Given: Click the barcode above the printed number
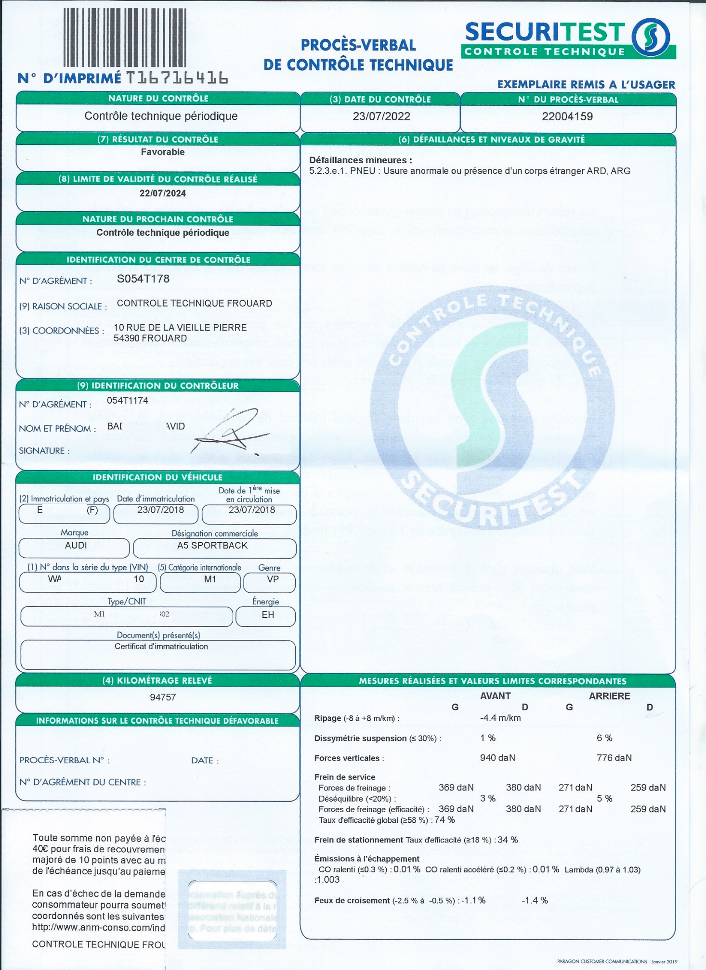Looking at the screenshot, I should [x=125, y=37].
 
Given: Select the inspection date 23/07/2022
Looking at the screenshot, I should [x=381, y=116].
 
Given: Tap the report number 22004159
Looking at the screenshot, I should [x=567, y=116].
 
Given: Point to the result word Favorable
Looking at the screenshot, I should [x=163, y=152].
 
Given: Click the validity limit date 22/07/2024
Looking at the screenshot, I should [x=163, y=193].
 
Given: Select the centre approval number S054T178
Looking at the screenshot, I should [x=143, y=279].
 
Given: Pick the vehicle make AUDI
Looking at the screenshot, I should [x=76, y=545].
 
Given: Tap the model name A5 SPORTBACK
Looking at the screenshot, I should [x=212, y=545].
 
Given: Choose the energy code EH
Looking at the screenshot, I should [x=268, y=614].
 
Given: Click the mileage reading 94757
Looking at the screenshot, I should [x=163, y=697].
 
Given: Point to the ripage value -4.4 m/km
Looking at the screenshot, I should [x=500, y=718].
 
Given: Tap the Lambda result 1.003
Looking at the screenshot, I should [x=328, y=880].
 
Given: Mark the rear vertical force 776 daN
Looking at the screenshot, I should [x=614, y=758].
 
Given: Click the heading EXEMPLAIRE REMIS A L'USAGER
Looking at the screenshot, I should [x=586, y=85].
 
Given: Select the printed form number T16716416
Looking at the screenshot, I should [x=177, y=77].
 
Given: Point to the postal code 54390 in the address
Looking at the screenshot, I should [x=127, y=338].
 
